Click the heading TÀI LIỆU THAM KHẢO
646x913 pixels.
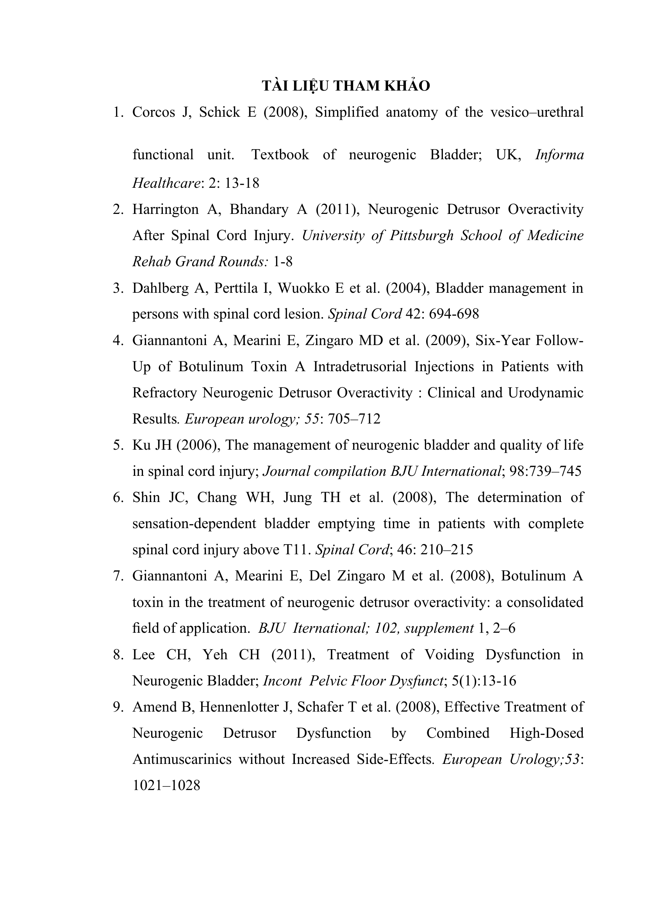(346, 86)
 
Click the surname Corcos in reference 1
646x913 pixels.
(153, 112)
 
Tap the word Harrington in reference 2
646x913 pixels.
(165, 209)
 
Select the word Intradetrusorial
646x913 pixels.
(360, 366)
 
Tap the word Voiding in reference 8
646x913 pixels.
(449, 655)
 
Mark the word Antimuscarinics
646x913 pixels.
(182, 760)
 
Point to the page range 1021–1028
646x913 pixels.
(166, 786)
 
